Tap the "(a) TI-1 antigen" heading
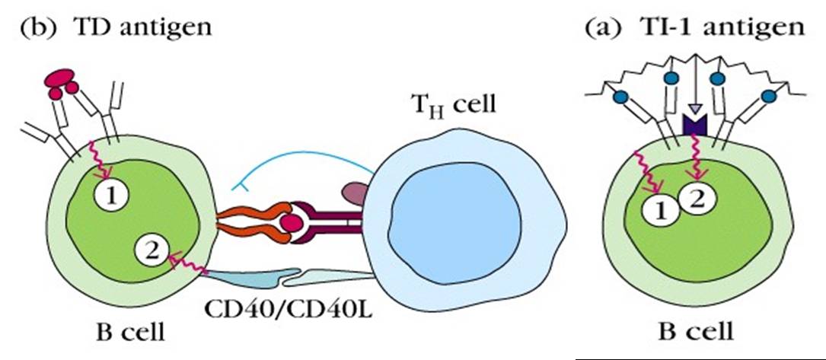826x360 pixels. pyautogui.click(x=694, y=28)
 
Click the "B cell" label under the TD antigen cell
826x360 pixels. pyautogui.click(x=133, y=333)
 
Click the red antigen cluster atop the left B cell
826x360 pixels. pyautogui.click(x=63, y=82)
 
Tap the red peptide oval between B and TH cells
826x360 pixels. pyautogui.click(x=290, y=223)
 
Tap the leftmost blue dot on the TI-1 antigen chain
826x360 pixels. pyautogui.click(x=620, y=96)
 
